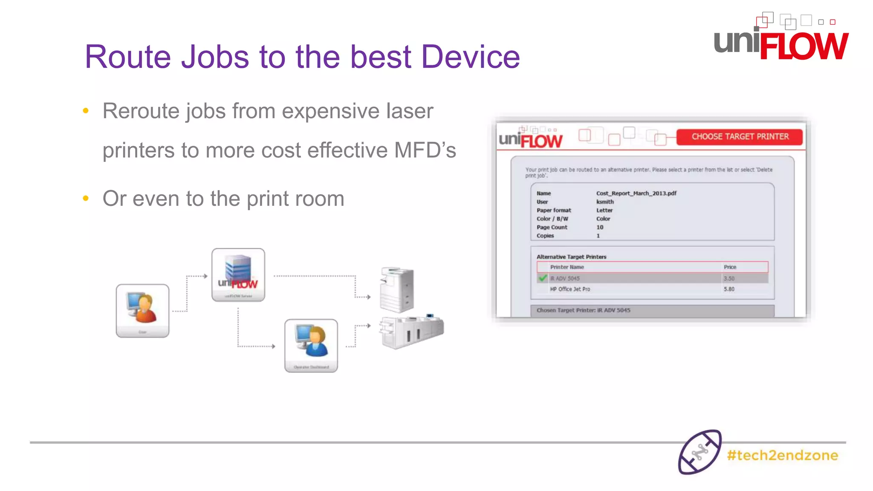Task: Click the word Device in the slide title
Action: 470,57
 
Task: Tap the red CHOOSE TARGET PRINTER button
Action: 740,137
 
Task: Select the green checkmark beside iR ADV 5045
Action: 543,278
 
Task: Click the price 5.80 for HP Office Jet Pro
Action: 729,289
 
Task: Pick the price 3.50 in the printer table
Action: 729,278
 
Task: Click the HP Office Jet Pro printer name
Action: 570,289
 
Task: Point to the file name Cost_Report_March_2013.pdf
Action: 636,194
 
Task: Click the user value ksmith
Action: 605,202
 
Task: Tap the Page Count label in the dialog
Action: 552,227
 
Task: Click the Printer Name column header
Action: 567,267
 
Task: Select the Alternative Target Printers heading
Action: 571,257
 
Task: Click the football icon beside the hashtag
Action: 700,452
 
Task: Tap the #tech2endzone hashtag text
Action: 782,455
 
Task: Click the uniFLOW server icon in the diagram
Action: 238,274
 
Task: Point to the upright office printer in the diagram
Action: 397,290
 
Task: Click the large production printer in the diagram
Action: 412,332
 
